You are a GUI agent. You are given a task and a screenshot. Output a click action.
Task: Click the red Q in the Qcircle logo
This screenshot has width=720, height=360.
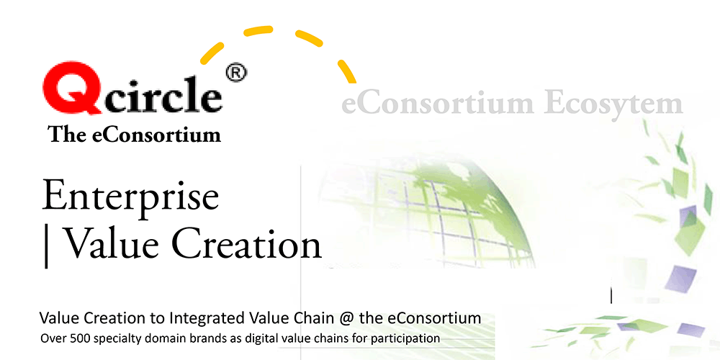73,87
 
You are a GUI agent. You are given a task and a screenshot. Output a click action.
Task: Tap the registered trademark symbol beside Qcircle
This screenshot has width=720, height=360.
236,73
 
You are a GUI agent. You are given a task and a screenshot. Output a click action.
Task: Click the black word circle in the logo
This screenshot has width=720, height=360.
163,94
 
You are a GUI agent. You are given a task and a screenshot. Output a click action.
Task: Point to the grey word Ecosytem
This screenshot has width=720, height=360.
615,104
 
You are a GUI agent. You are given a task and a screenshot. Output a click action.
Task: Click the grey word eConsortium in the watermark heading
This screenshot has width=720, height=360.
438,103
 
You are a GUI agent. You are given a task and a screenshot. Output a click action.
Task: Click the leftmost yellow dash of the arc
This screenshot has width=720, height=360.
212,53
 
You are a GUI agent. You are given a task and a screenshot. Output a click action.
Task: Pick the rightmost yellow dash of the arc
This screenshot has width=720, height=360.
347,71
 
